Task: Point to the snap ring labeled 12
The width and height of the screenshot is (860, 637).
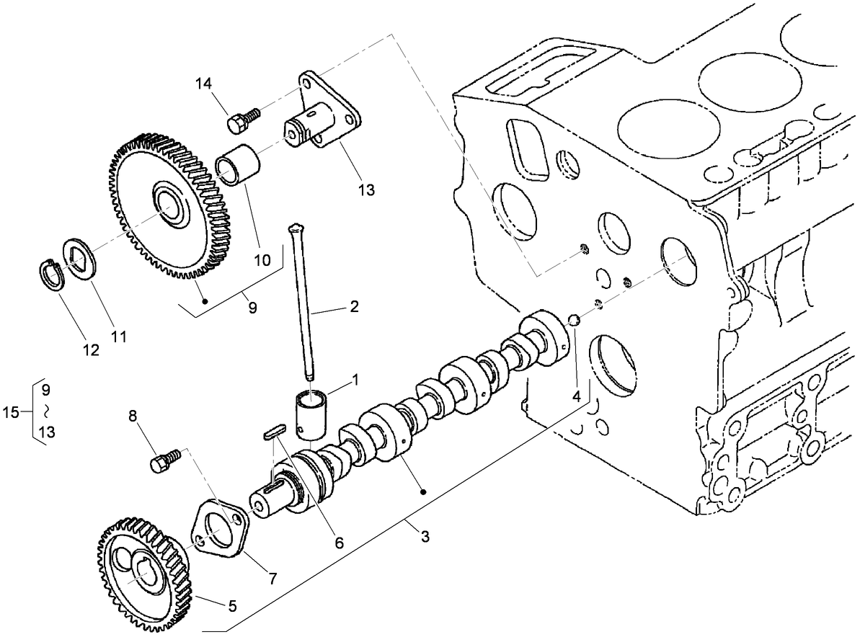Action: [x=49, y=275]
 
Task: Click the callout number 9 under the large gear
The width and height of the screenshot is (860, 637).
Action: [x=252, y=307]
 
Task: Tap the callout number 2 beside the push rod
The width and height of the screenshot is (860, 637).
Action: [x=354, y=307]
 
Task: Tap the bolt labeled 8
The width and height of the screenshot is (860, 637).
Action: [x=164, y=462]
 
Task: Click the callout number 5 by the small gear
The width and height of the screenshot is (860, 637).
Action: [x=232, y=606]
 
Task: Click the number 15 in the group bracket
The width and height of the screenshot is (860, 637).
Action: [x=11, y=411]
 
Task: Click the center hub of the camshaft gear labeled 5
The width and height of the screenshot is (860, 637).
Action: [x=144, y=575]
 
